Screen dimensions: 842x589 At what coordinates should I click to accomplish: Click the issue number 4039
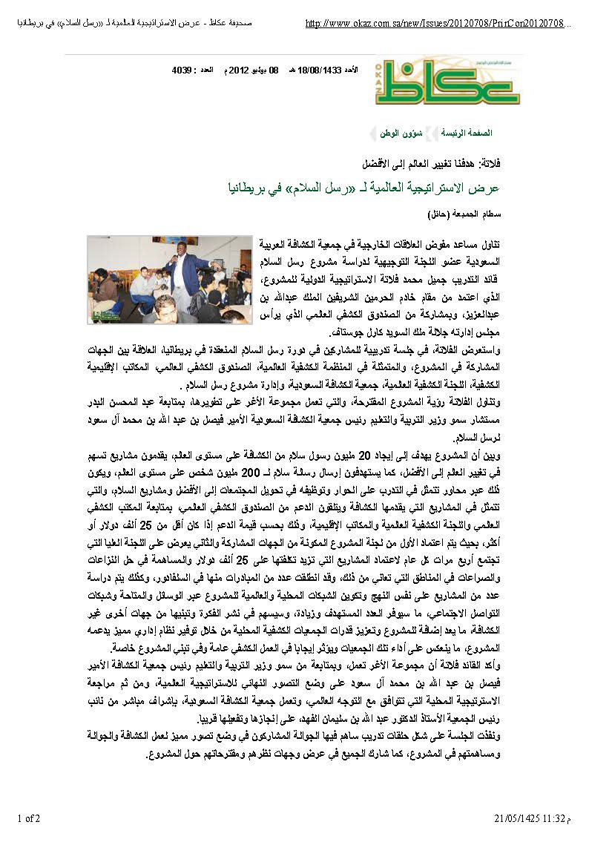pos(182,70)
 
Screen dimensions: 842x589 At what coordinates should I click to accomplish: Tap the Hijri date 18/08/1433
pos(320,70)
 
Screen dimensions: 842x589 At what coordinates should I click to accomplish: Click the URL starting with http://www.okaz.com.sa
pos(438,24)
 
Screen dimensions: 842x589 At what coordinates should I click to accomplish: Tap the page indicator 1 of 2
pos(30,818)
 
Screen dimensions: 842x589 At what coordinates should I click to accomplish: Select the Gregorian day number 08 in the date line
pos(273,70)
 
